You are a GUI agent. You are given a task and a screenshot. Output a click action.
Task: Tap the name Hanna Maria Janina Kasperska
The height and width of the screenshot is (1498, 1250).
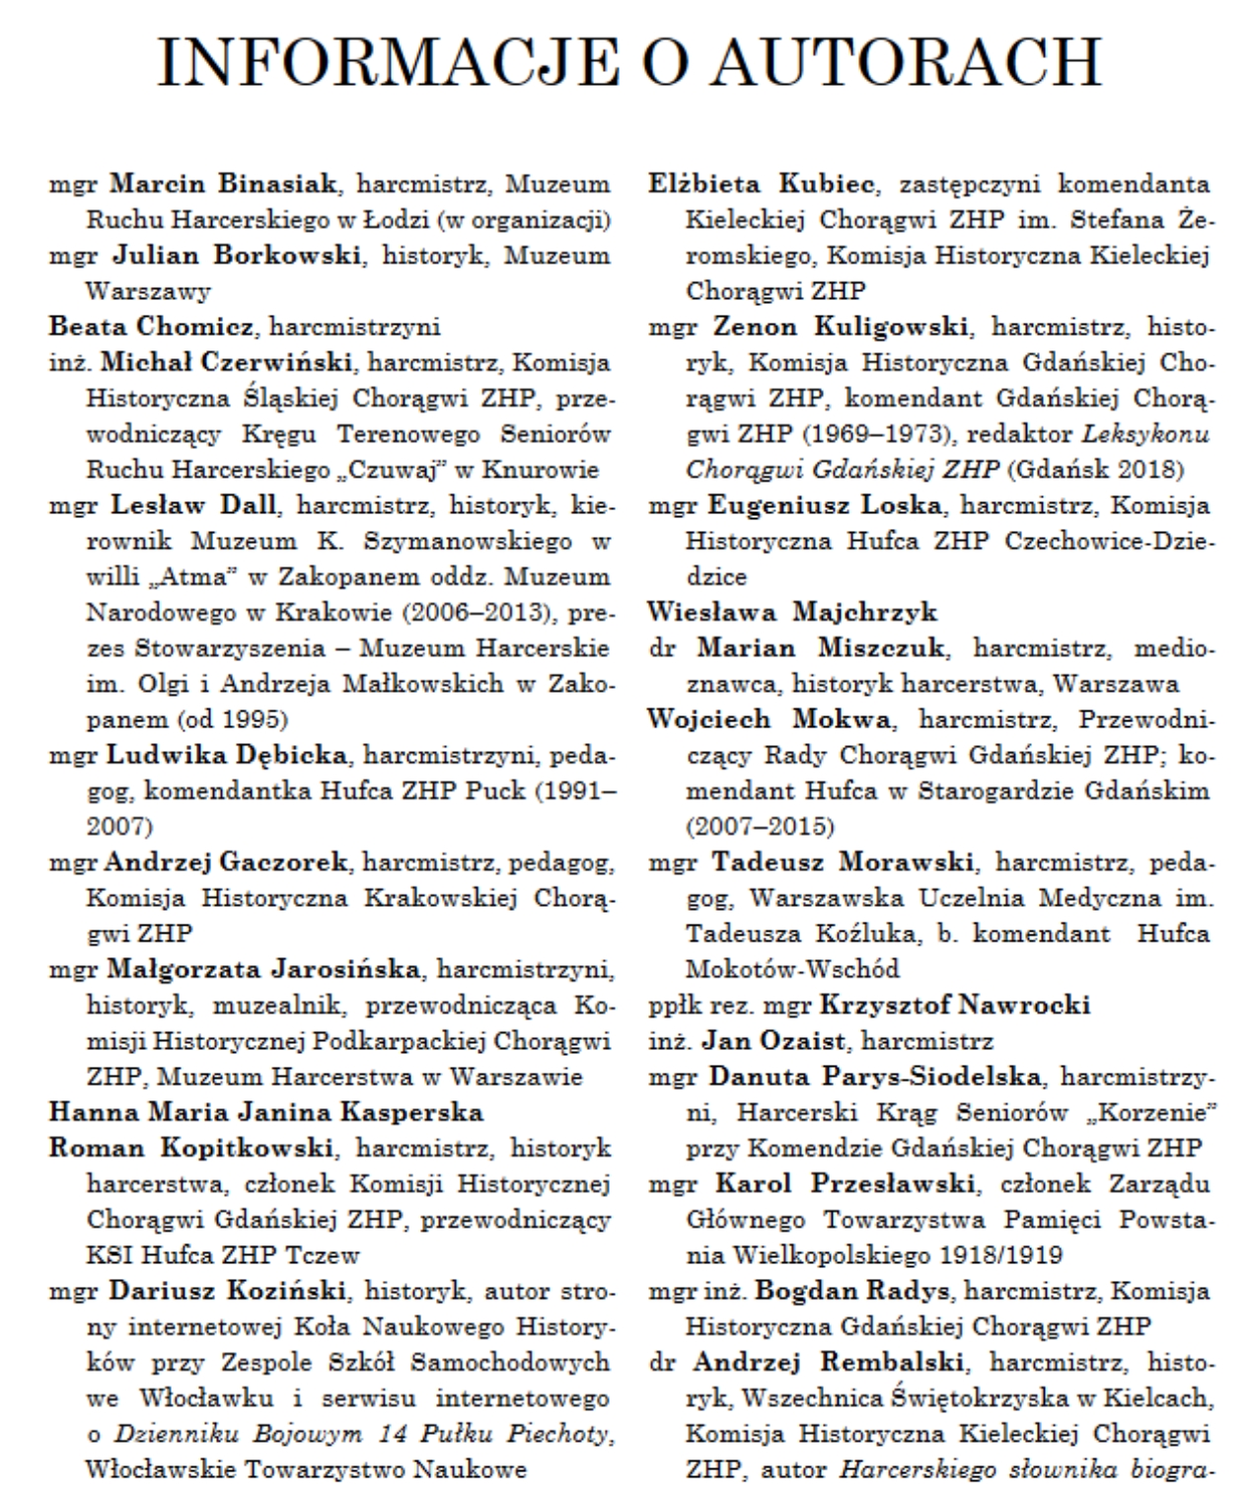tap(266, 1112)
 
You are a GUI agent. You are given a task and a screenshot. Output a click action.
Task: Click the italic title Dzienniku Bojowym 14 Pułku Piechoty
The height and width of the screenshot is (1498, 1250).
tap(362, 1434)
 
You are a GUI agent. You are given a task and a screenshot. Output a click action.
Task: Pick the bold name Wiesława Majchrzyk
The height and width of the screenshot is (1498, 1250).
tap(792, 612)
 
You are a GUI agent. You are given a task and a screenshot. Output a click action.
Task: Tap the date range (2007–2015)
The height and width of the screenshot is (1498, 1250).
tap(760, 825)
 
